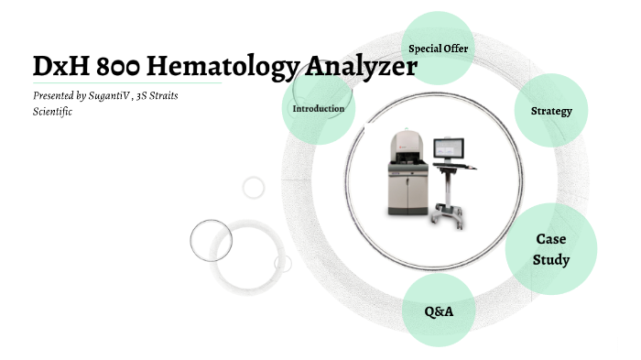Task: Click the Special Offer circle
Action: point(439,48)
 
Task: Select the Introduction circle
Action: point(318,108)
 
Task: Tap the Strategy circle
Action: point(551,111)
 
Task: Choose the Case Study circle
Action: point(551,248)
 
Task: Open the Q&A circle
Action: point(439,311)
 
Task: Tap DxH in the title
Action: point(58,67)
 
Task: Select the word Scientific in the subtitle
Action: point(52,111)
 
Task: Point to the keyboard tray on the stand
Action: point(462,165)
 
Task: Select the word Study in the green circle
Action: point(551,259)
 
